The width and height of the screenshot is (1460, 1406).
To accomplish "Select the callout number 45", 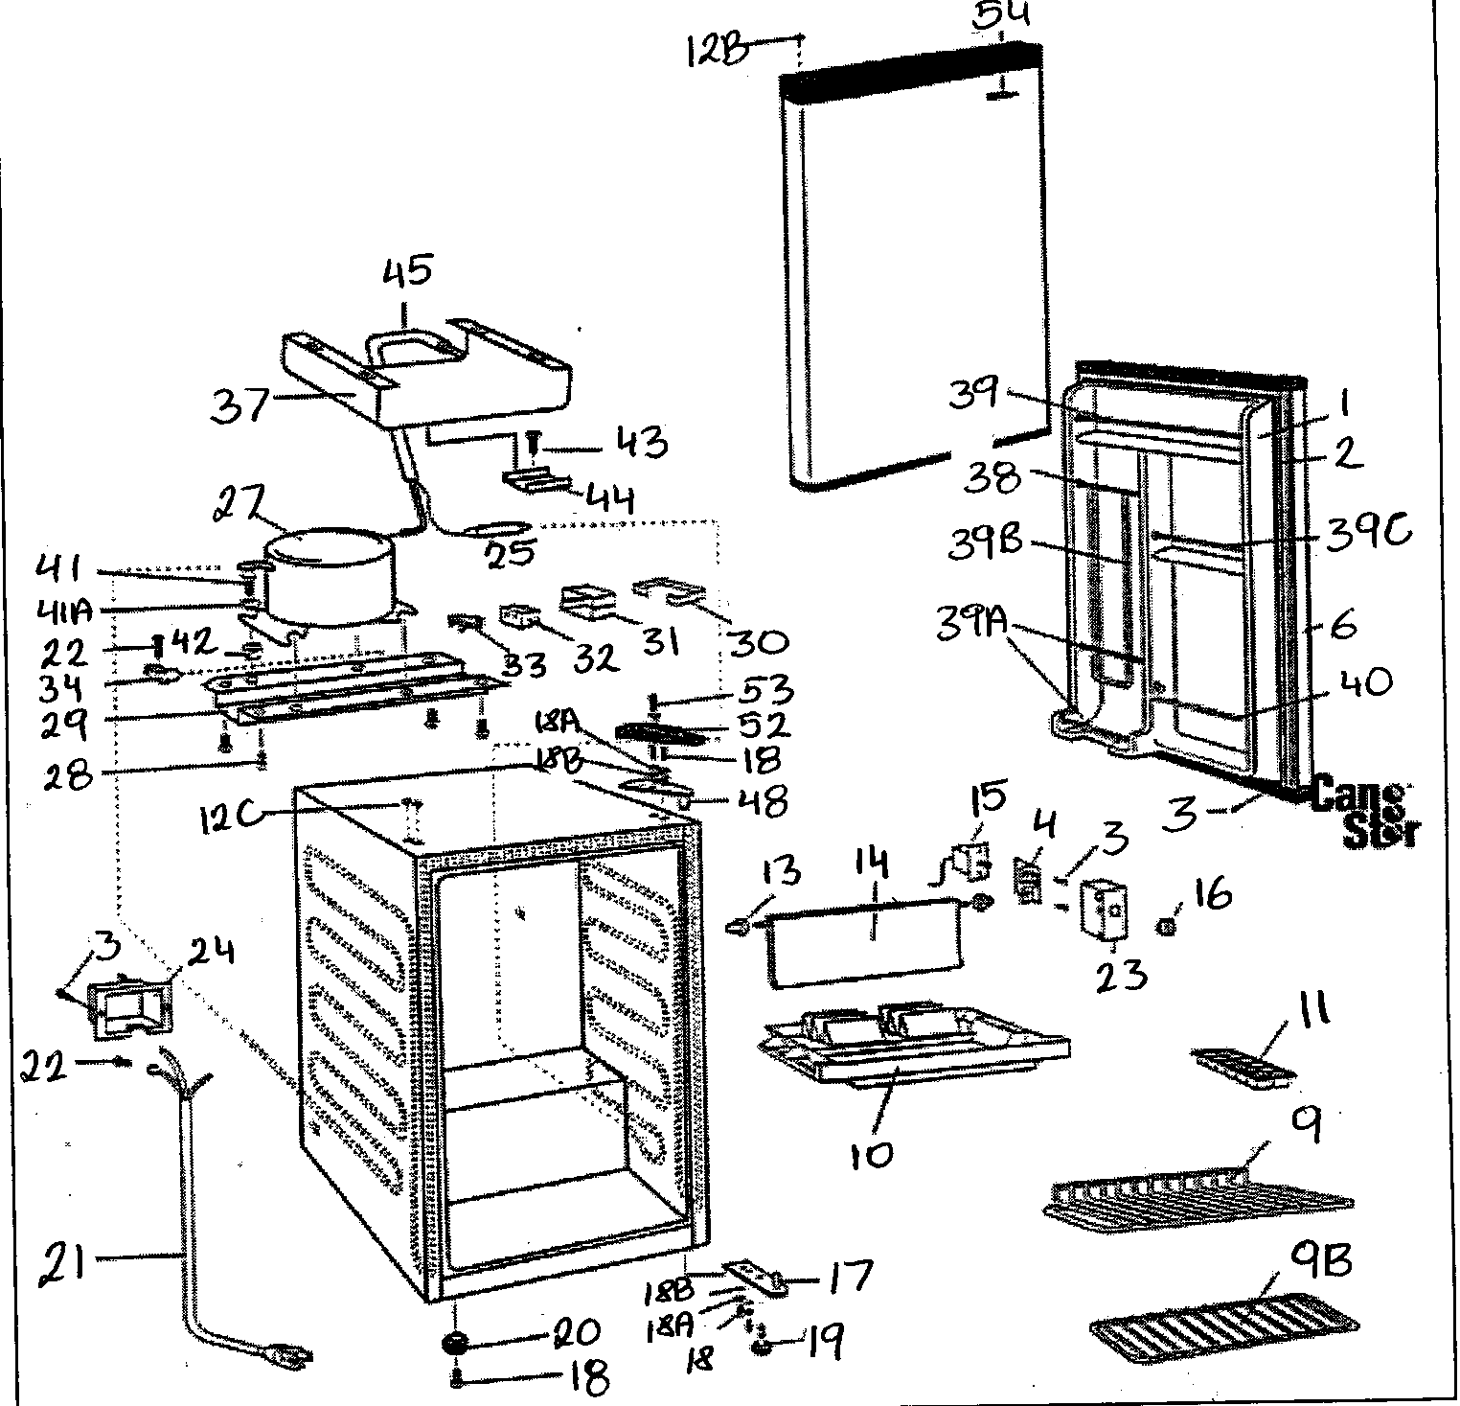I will pos(409,272).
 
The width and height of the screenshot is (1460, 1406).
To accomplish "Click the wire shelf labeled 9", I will pos(1198,1198).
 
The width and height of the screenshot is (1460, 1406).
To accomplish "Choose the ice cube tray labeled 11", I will pos(1243,1063).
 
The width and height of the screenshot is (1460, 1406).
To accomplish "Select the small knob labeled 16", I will pos(1166,927).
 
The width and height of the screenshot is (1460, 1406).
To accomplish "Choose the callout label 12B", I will pos(718,50).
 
